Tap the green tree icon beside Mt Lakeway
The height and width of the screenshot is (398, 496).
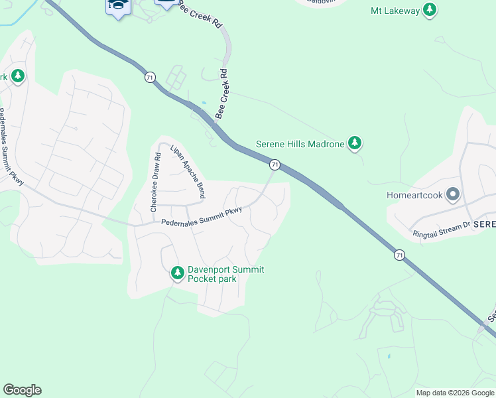tap(430, 10)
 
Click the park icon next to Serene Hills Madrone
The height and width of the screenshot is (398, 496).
tap(355, 143)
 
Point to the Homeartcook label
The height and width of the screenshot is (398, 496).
tap(414, 195)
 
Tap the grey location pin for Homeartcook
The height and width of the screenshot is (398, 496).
tap(453, 195)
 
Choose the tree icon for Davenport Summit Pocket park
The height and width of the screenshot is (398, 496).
tap(177, 273)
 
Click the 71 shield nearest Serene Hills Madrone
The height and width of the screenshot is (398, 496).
tap(274, 164)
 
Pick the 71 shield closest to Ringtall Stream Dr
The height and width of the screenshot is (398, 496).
tap(399, 255)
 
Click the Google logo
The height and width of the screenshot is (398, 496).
tap(22, 390)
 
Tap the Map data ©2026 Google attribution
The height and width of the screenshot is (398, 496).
tap(455, 393)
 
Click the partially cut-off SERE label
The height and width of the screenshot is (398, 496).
tap(485, 225)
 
